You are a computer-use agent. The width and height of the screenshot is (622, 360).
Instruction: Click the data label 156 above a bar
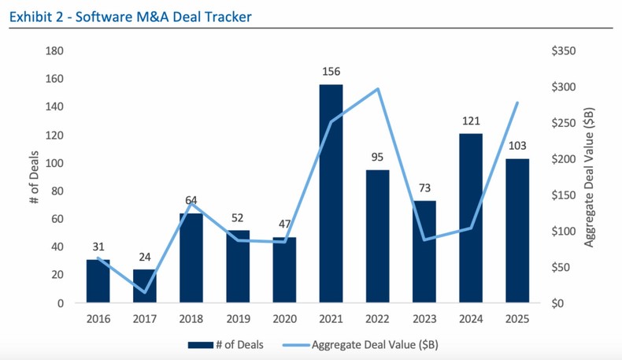click(x=331, y=72)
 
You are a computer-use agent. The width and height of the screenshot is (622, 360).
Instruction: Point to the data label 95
click(x=377, y=158)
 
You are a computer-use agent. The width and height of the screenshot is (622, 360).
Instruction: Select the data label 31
click(x=98, y=247)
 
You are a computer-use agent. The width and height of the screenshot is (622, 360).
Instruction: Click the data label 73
click(x=424, y=188)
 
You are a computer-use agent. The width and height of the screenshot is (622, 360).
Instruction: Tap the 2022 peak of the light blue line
click(x=378, y=88)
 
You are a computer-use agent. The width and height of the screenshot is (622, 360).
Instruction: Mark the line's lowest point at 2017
click(x=145, y=292)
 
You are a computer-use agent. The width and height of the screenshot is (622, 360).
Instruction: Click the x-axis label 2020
click(x=284, y=319)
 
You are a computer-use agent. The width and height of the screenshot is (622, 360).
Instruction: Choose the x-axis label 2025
click(x=517, y=319)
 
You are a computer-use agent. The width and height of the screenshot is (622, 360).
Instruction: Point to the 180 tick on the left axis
click(x=55, y=51)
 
